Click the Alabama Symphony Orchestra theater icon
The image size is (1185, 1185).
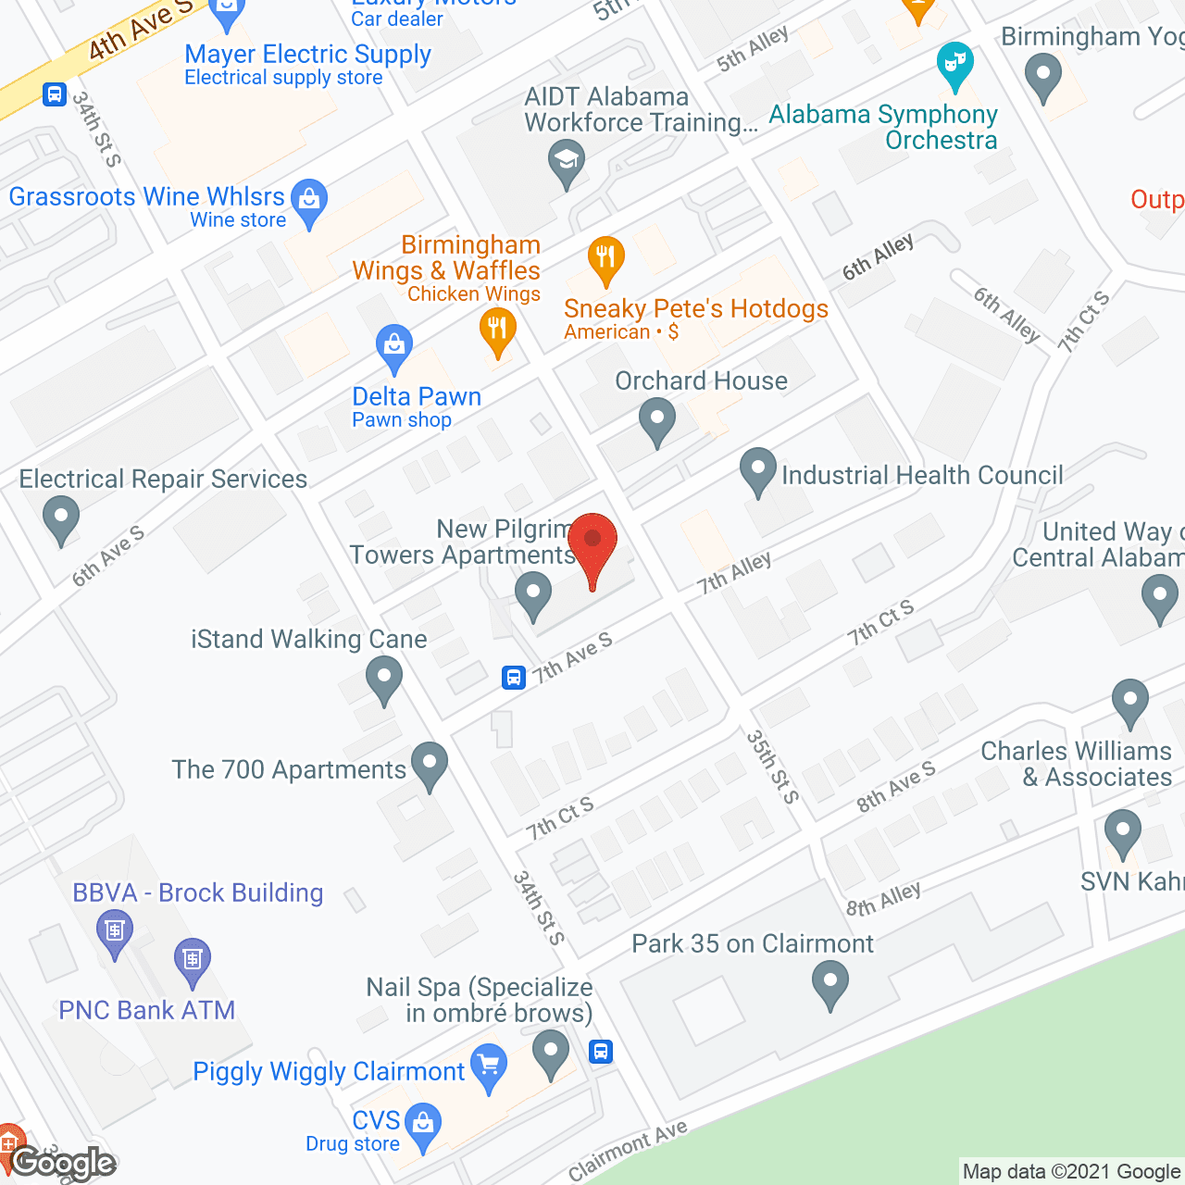954,64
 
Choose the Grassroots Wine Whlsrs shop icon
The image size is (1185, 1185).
309,199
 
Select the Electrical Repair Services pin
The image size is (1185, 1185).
61,518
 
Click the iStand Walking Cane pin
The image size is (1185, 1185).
384,678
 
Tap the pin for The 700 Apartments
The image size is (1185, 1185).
430,763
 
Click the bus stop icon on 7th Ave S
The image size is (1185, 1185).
514,678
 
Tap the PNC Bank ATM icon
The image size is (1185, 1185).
193,959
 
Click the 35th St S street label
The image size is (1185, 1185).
772,766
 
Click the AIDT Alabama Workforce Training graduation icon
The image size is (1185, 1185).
566,159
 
